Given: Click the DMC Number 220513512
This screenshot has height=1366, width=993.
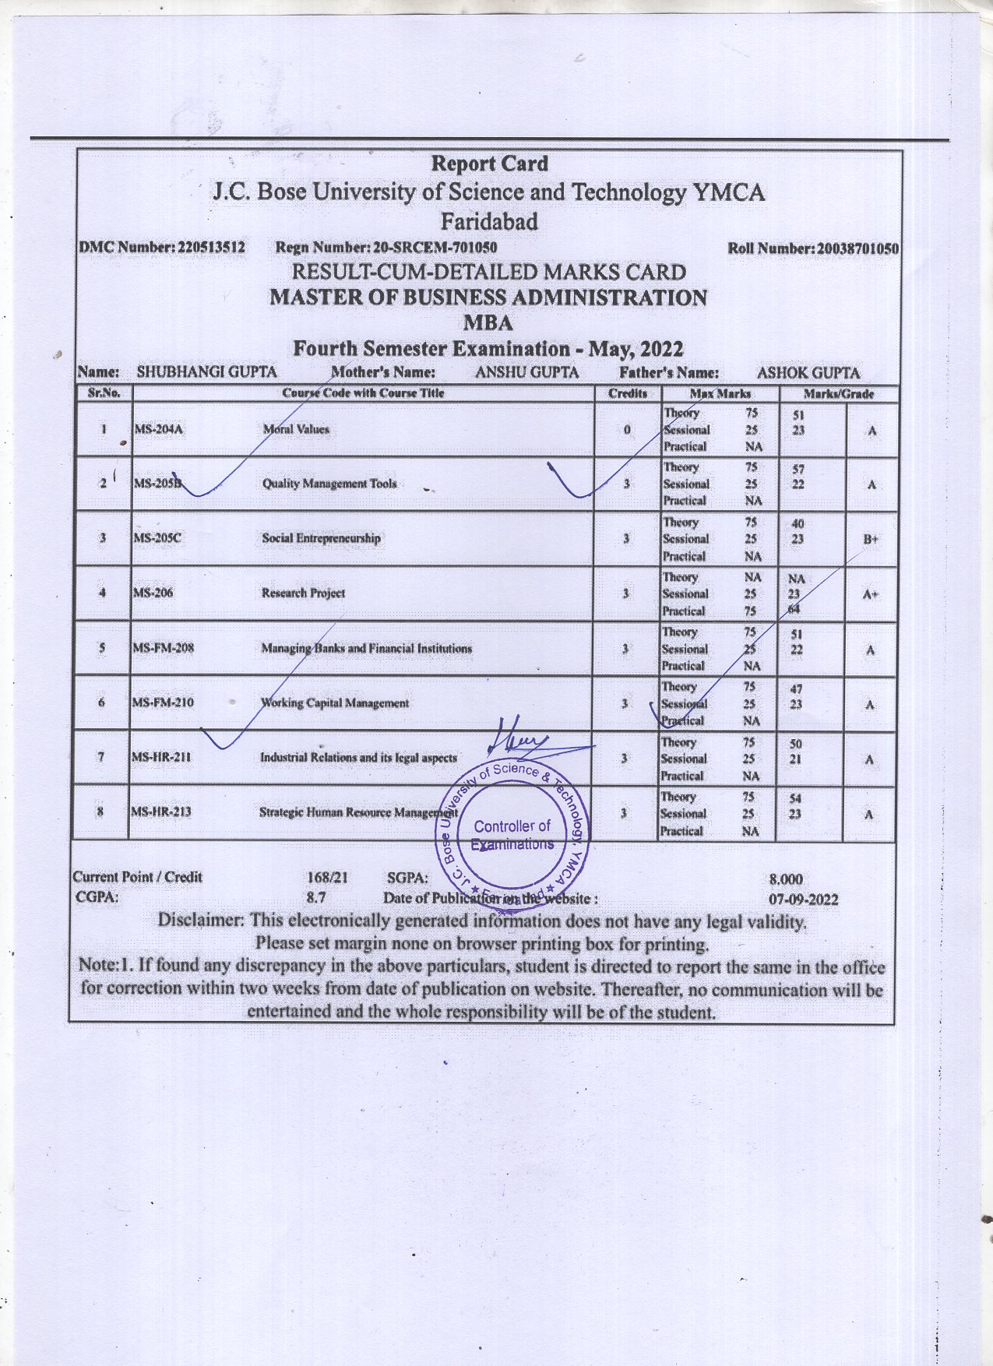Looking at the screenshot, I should [x=212, y=248].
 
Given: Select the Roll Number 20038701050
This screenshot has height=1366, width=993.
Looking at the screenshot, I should [x=857, y=249].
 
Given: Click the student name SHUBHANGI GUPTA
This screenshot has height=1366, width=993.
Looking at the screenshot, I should [x=206, y=372].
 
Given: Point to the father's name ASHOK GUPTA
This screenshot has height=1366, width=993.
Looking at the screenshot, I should [x=808, y=373].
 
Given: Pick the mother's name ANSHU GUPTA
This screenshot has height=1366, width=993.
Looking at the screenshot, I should [x=527, y=372].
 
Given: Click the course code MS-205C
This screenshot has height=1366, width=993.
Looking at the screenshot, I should [x=157, y=538].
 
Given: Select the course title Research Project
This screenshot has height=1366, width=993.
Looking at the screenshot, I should [x=303, y=593].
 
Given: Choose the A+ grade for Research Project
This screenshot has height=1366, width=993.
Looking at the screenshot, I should [x=871, y=595].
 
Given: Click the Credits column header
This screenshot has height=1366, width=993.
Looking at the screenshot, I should [x=628, y=393].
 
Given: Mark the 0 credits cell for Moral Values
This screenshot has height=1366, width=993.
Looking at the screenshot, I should [x=627, y=430].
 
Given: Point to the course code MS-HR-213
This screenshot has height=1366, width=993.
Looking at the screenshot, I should [x=161, y=812].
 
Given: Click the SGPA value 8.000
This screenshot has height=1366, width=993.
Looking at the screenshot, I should [x=786, y=880].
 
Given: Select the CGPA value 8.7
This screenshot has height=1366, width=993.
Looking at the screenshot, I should [x=316, y=898].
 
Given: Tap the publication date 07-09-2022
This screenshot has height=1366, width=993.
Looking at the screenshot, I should [x=803, y=900].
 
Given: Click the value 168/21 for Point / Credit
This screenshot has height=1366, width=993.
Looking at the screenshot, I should [x=328, y=878].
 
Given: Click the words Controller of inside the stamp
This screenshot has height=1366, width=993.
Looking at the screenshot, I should [x=512, y=826].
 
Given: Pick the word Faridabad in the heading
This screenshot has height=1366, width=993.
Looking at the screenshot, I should [x=489, y=222].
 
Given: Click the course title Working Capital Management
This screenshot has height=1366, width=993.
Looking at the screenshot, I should [x=334, y=703].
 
